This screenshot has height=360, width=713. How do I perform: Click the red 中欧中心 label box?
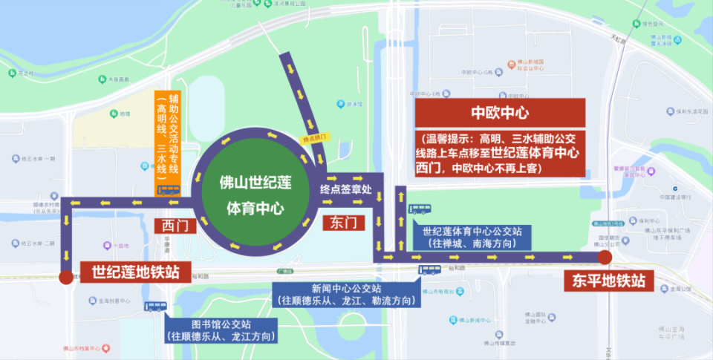click(x=500, y=114)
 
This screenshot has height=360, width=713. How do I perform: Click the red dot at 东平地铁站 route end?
click(x=605, y=258)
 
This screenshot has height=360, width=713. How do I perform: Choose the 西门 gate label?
click(x=169, y=225)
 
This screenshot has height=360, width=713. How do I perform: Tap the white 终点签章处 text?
click(x=345, y=189)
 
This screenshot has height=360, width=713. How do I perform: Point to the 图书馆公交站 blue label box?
click(x=221, y=330)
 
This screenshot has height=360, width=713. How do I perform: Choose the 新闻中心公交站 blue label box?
click(x=336, y=295)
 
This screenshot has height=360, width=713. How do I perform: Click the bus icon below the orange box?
click(x=169, y=190)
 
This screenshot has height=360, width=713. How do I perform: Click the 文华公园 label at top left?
click(x=22, y=73)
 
